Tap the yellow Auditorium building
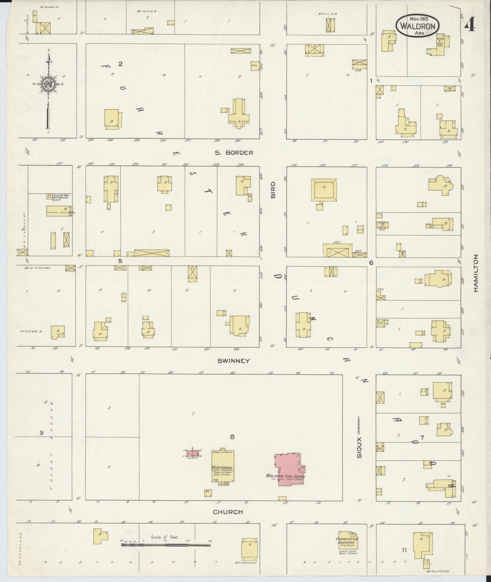[223, 470]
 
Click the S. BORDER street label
[234, 153]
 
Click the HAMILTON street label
[476, 273]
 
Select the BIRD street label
[273, 190]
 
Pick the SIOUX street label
[359, 448]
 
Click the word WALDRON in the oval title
[418, 26]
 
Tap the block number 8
[232, 437]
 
